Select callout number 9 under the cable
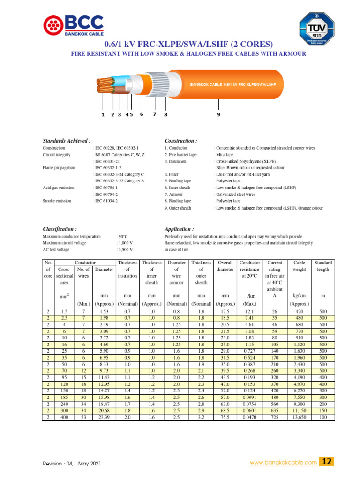(218, 114)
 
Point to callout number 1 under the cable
(103, 114)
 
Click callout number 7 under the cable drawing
(154, 114)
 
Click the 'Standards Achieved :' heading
(67, 141)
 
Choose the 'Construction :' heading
(181, 141)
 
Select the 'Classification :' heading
(60, 229)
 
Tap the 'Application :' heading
(179, 229)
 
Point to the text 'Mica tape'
(225, 155)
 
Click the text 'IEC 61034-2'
(106, 201)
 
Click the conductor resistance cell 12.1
(249, 312)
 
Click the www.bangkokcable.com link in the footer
(283, 463)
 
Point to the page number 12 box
(326, 462)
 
